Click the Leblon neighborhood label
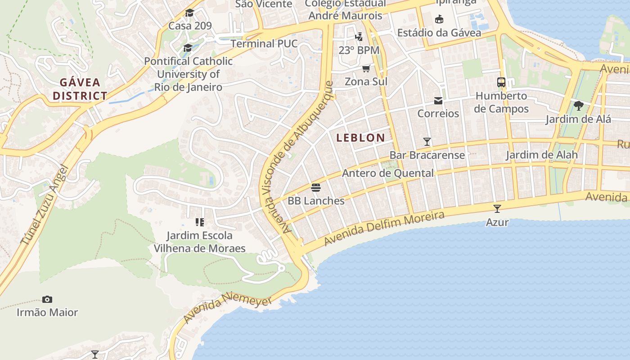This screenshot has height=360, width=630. click(x=360, y=138)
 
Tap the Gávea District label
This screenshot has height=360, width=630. click(x=80, y=89)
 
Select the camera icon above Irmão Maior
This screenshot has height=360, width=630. click(x=47, y=299)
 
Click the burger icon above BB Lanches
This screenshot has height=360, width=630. click(x=316, y=187)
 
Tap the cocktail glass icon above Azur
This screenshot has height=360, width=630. click(x=497, y=208)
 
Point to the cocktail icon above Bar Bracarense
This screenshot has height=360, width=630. click(x=427, y=142)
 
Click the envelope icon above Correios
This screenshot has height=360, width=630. click(x=438, y=100)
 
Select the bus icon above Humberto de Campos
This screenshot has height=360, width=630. click(x=501, y=82)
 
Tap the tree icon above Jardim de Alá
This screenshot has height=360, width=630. click(x=579, y=106)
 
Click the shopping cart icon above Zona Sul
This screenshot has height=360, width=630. click(x=366, y=68)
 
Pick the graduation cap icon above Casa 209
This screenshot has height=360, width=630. click(x=189, y=13)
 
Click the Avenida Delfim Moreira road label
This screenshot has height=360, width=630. click(x=384, y=229)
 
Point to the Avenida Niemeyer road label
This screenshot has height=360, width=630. click(x=227, y=309)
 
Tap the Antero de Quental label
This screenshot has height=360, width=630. click(x=388, y=173)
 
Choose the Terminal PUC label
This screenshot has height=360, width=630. click(x=264, y=44)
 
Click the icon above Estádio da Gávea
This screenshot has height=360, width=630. click(x=439, y=19)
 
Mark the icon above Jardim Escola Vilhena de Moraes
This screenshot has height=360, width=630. click(x=200, y=222)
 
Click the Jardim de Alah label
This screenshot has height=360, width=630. click(x=541, y=155)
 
